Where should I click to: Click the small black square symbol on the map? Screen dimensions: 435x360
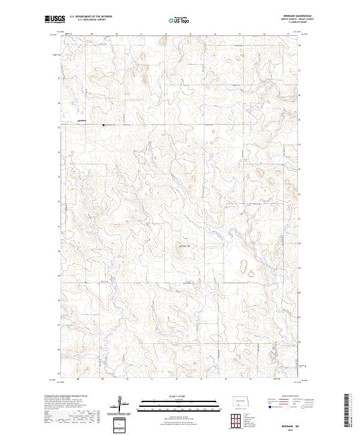click(104, 125)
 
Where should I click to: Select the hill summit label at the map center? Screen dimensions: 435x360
click(184, 245)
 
